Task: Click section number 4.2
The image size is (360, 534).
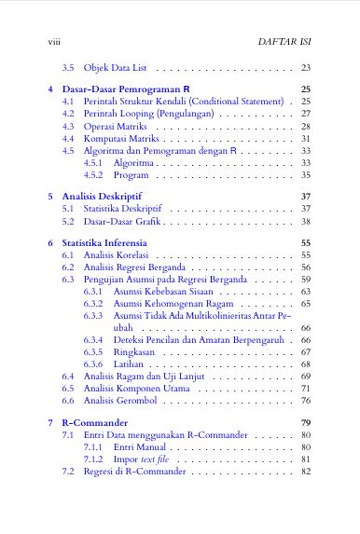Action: tap(68, 113)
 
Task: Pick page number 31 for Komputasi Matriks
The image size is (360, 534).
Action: tap(306, 138)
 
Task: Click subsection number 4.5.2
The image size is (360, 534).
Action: tap(93, 174)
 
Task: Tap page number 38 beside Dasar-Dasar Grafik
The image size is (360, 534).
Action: tap(306, 222)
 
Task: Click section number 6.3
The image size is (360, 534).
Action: tap(68, 279)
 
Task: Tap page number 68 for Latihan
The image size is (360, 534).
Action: tap(306, 363)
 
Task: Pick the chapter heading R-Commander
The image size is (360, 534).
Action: tap(97, 424)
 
